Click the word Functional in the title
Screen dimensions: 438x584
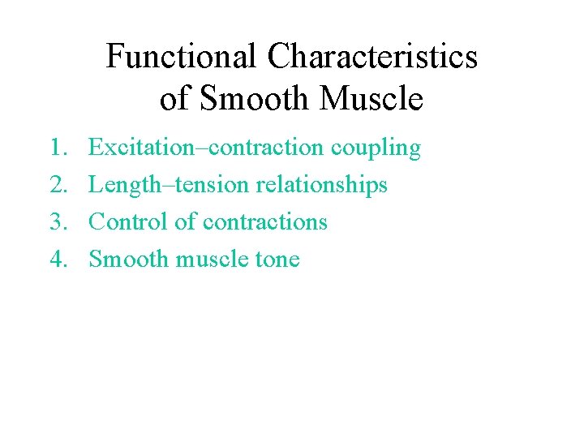coord(183,57)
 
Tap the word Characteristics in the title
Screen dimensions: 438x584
coord(373,57)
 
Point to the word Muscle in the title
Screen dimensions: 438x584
coord(371,99)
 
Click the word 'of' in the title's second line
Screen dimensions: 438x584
coord(175,99)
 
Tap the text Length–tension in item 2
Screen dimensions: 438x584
coord(169,185)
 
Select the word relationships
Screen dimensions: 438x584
coord(321,186)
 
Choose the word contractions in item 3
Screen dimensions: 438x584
coord(264,221)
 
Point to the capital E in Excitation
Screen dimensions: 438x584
coord(96,148)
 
